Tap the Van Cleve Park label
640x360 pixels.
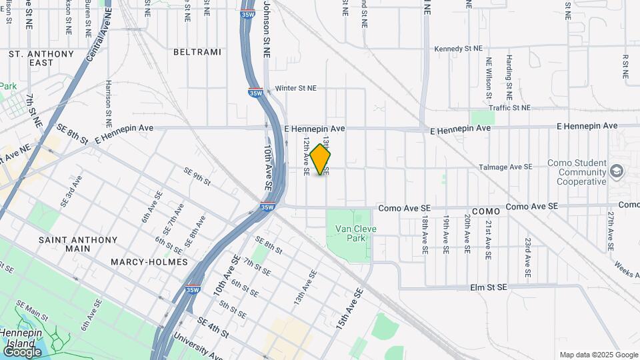click(351, 233)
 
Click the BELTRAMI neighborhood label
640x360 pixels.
click(193, 51)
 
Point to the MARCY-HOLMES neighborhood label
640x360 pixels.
click(151, 262)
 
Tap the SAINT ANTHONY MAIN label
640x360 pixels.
click(78, 244)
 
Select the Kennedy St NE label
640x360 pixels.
click(457, 49)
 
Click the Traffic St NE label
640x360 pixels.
click(509, 107)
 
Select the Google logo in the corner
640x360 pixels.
click(22, 351)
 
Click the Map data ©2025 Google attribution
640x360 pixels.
click(599, 355)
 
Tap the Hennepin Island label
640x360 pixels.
click(22, 337)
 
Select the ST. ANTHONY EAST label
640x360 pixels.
click(42, 58)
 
